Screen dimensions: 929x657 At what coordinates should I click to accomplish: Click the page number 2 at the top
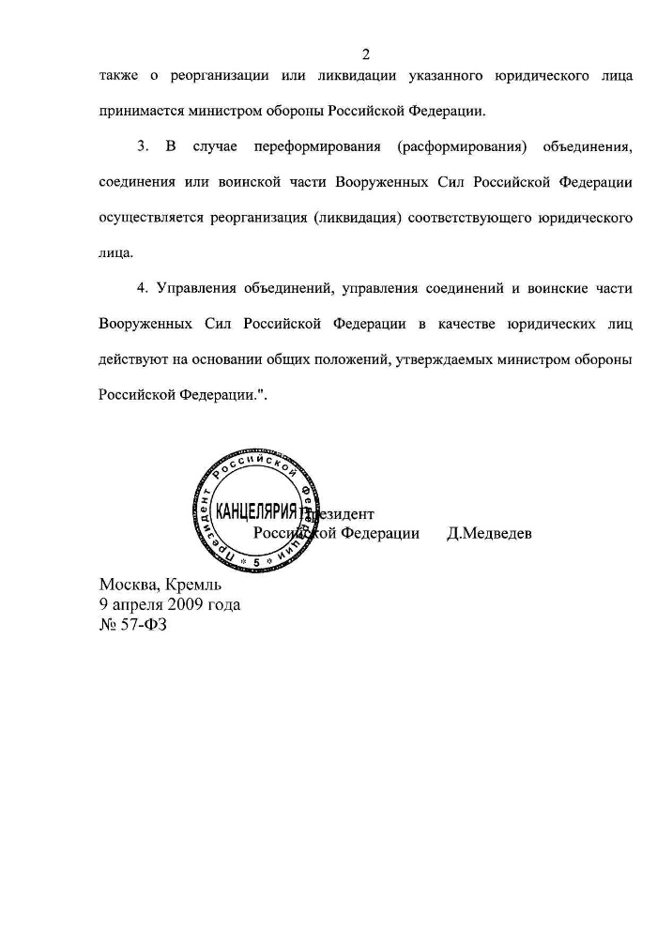click(x=366, y=53)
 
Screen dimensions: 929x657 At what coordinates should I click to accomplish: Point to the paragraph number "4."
click(x=144, y=287)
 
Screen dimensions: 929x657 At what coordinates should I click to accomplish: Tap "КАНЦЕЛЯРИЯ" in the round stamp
click(x=256, y=512)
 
